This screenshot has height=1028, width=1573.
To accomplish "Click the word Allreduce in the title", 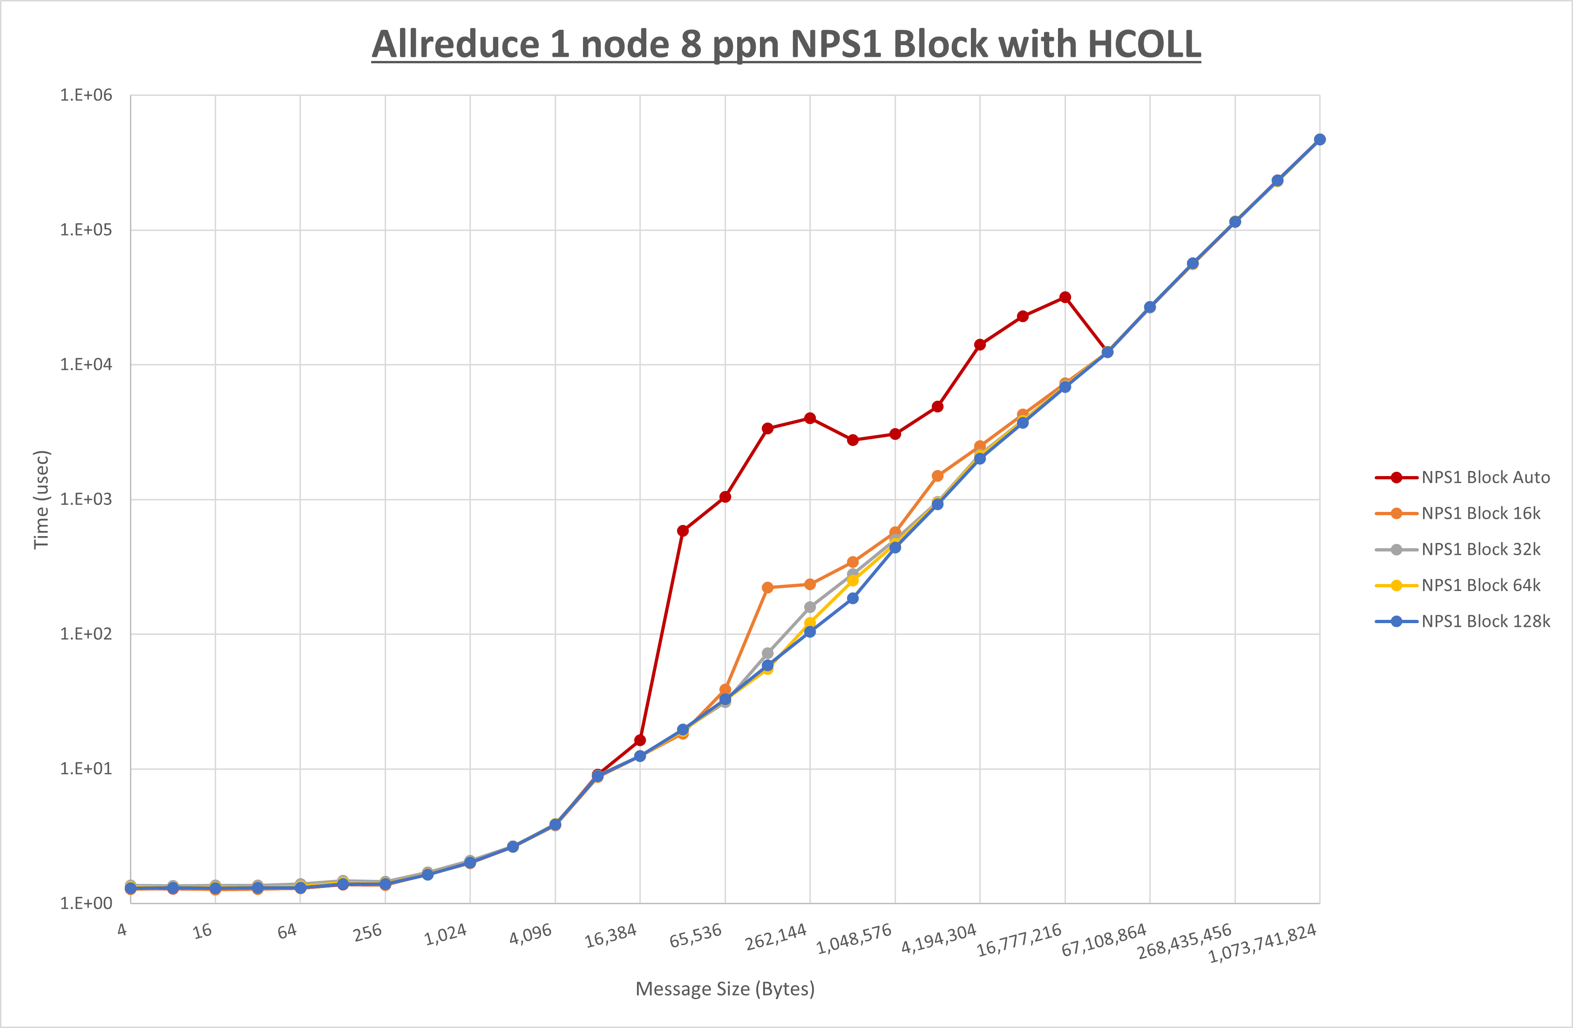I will [456, 44].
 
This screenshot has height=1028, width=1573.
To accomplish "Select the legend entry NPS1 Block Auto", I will [1485, 477].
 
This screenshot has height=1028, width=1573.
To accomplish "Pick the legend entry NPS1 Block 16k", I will [1480, 513].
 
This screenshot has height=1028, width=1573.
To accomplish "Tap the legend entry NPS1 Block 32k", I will [1480, 550].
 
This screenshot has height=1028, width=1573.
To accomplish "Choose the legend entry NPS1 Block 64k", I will [1480, 585].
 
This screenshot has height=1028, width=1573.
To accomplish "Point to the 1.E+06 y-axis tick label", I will [86, 95].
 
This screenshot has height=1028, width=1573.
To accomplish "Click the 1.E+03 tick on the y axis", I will [86, 499].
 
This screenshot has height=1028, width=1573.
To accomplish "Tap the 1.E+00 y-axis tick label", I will [86, 903].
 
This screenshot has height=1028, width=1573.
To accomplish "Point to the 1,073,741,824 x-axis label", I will [1262, 943].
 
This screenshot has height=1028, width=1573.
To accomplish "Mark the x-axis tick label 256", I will [367, 932].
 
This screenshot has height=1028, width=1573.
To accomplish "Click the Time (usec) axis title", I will [41, 499].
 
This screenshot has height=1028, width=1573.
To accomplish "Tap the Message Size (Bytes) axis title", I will [725, 989].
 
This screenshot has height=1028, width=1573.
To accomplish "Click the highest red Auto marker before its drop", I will [1065, 297].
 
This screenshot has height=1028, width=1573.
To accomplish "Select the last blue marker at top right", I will [1319, 140].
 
